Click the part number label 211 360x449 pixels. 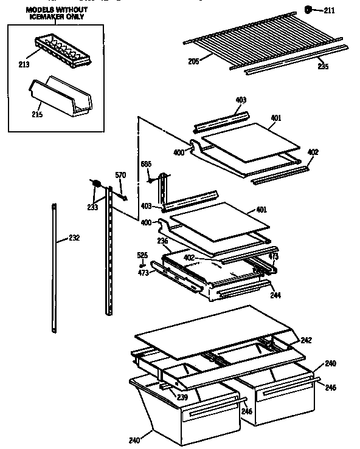click(329, 10)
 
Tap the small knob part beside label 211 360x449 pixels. click(309, 9)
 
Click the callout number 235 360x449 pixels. click(322, 66)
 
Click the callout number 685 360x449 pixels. click(146, 163)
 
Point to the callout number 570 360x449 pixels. click(120, 176)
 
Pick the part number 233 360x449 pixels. click(92, 207)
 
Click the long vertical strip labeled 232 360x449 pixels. click(55, 267)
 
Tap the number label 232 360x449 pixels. click(73, 237)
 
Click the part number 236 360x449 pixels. click(162, 242)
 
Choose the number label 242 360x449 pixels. click(306, 340)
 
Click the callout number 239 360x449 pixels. click(182, 397)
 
